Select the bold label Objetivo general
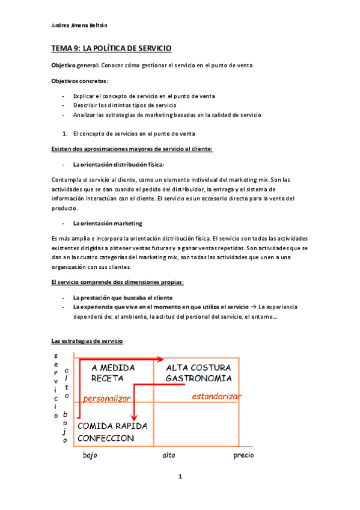coord(75,65)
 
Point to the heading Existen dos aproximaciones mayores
coord(132,149)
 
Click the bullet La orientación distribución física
coord(118,164)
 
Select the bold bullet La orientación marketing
coord(108,223)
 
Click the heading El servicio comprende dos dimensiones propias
coord(125,282)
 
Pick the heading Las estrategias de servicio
coord(87,341)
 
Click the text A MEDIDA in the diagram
coord(113,367)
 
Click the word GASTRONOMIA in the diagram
coord(199,378)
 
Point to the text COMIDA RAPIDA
coord(112,426)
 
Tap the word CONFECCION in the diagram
coord(106,438)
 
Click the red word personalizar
coord(107,398)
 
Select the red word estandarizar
coord(216,396)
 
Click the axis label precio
coord(243,455)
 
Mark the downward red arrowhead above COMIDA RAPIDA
coord(136,416)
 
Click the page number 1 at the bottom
coord(180,477)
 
